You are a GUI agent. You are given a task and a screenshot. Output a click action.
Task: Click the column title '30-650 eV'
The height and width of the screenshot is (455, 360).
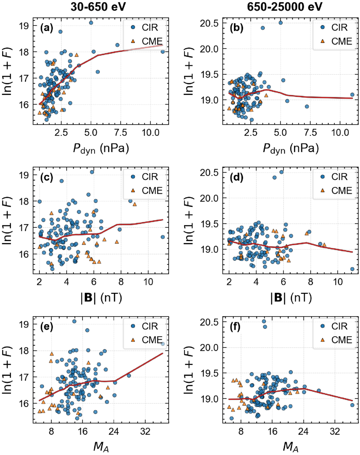click(x=98, y=7)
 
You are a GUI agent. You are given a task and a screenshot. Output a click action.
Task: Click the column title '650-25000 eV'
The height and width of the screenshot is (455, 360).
click(x=285, y=7)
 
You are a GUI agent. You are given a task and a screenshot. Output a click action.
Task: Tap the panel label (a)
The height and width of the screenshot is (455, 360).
click(x=47, y=28)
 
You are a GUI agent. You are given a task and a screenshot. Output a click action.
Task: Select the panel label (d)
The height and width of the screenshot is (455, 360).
click(x=236, y=177)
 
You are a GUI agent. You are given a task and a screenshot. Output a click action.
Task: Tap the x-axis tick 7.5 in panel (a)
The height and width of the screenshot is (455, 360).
click(x=120, y=133)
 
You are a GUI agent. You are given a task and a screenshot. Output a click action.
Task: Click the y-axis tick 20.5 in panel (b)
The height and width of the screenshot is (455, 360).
click(x=209, y=23)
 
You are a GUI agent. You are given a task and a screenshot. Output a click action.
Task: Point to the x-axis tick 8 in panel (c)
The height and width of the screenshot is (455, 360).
click(x=121, y=282)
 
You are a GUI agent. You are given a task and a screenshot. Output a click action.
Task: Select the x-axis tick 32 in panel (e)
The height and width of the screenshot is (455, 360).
click(x=145, y=432)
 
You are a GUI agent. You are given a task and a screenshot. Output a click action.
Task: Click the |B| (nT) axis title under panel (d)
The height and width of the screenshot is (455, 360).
click(x=291, y=298)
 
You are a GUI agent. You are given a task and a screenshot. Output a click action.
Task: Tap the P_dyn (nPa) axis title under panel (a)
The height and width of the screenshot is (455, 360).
click(x=101, y=149)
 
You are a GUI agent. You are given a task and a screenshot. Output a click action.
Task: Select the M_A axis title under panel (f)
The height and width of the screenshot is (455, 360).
click(x=291, y=447)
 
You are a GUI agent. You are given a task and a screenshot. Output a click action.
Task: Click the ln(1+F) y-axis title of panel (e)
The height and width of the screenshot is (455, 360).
click(x=7, y=370)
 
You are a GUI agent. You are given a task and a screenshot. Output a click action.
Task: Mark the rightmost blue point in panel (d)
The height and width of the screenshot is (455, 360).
click(x=352, y=269)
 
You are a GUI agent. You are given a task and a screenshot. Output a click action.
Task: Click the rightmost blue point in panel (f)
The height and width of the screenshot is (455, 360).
click(x=352, y=405)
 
